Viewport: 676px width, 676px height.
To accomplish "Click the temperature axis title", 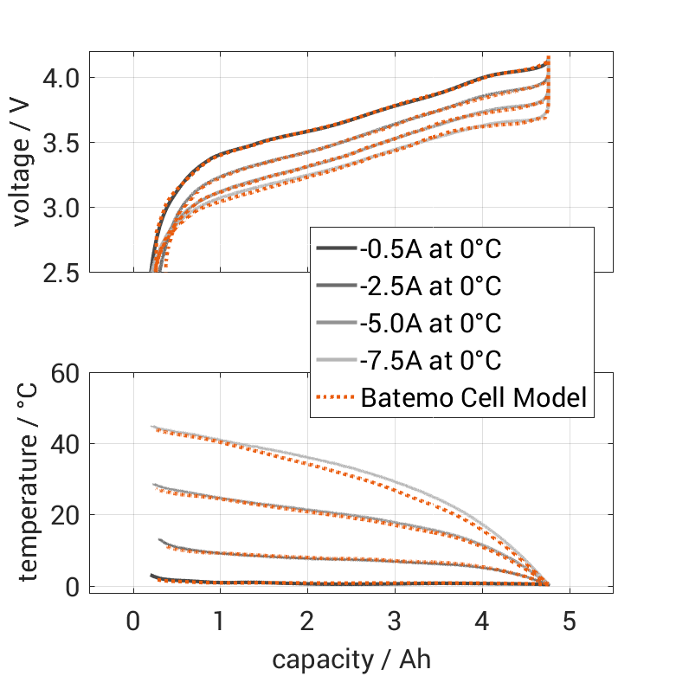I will pyautogui.click(x=29, y=483).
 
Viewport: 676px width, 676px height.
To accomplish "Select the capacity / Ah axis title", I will pyautogui.click(x=351, y=660).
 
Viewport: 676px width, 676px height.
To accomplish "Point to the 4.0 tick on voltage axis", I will pyautogui.click(x=61, y=79).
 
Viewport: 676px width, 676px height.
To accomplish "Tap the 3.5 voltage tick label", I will pyautogui.click(x=61, y=144).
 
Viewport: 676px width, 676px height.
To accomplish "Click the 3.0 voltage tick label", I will pyautogui.click(x=61, y=209).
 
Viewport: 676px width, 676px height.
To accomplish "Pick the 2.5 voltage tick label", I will pyautogui.click(x=61, y=274).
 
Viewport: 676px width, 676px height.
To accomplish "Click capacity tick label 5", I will pyautogui.click(x=570, y=622).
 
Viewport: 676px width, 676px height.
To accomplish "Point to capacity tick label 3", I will pyautogui.click(x=395, y=622).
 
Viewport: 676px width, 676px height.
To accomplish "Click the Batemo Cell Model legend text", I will pyautogui.click(x=474, y=397).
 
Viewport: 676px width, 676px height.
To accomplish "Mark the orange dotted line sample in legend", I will pyautogui.click(x=337, y=397).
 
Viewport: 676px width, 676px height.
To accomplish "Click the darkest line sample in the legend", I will pyautogui.click(x=337, y=250).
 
